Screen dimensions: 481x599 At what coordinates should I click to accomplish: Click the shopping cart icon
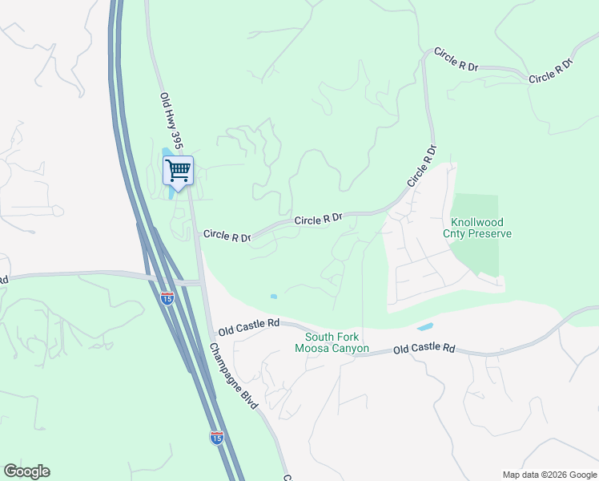178,169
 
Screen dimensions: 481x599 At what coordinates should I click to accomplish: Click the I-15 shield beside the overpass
167,298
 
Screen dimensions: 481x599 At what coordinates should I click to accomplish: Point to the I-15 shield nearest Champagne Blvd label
216,437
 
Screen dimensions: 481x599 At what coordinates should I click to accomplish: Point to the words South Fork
332,338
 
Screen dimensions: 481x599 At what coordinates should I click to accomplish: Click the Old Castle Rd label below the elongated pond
424,350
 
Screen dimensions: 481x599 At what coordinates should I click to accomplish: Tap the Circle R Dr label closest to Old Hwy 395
227,236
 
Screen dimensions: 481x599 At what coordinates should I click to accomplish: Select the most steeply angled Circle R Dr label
422,166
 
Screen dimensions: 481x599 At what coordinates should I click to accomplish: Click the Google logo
26,471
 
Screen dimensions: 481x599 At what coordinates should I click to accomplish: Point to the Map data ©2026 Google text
549,475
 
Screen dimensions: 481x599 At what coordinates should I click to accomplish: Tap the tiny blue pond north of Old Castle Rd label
274,297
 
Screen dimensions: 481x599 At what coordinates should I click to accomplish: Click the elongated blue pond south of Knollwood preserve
424,327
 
